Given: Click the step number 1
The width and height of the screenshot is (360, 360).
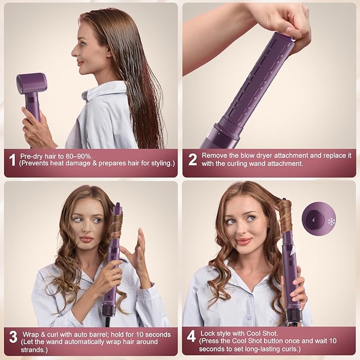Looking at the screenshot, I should coord(12,160).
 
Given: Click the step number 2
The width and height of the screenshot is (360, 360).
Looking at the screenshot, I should coord(192,160).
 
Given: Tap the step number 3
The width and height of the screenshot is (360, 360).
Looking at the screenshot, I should coord(12,338).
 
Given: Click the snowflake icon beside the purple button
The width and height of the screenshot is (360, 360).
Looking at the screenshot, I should coord(331,221).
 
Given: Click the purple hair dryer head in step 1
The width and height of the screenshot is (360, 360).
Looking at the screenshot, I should coord(31,83).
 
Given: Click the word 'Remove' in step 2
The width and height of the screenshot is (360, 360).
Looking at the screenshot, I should coord(218,156).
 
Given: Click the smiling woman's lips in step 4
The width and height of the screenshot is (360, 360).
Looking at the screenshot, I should coord(243,241).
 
